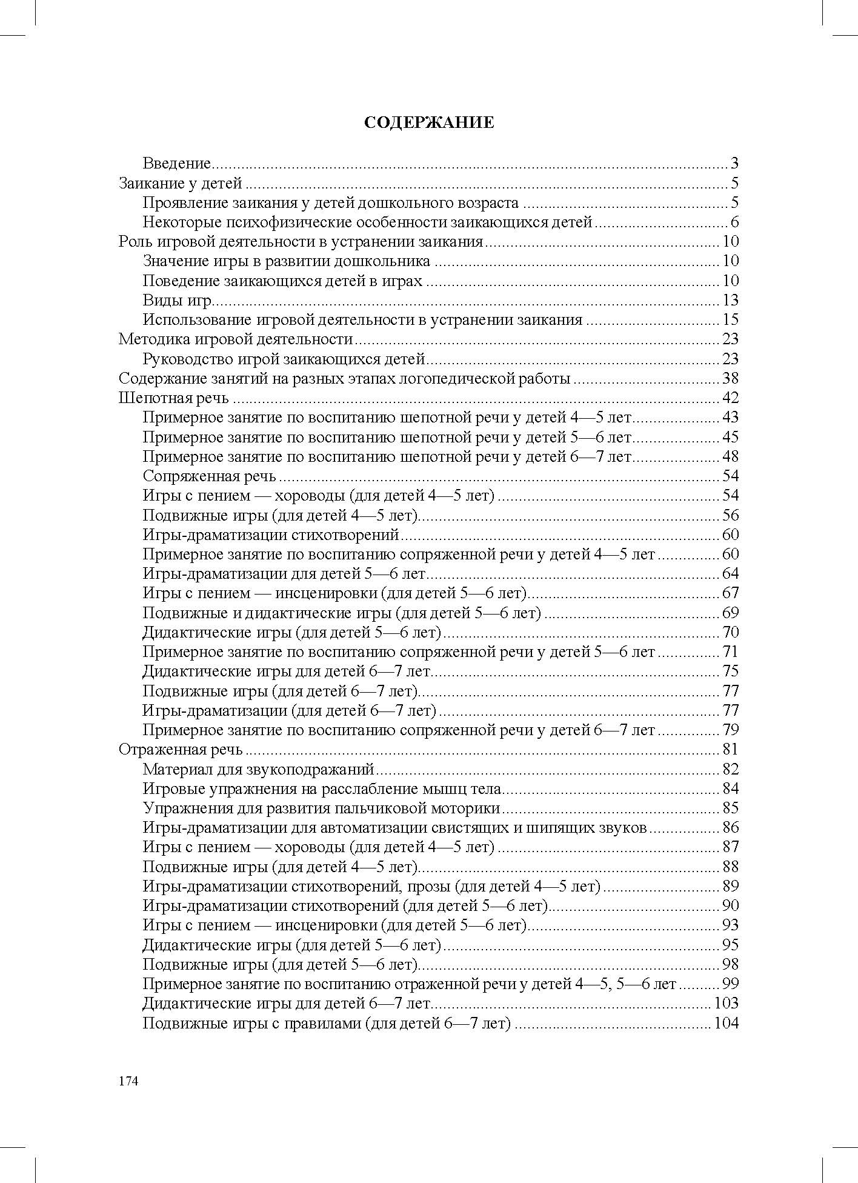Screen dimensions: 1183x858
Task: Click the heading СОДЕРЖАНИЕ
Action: [x=429, y=122]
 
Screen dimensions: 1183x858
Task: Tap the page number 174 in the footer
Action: [x=128, y=1081]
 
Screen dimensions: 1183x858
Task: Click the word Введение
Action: [x=176, y=164]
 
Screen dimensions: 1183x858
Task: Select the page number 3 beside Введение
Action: [x=734, y=164]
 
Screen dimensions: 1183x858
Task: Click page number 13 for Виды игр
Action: [x=730, y=301]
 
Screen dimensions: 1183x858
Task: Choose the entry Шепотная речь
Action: [x=174, y=398]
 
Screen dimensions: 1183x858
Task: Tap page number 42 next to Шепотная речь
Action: [x=730, y=398]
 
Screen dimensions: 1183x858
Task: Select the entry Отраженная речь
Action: [x=181, y=750]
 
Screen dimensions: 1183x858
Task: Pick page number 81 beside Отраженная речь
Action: [x=730, y=750]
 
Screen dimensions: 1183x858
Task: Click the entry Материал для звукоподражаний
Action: [x=259, y=770]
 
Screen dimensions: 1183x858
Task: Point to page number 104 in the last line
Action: [x=727, y=1024]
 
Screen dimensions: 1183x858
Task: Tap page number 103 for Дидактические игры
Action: [x=727, y=1004]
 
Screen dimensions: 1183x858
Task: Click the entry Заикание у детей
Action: [x=181, y=183]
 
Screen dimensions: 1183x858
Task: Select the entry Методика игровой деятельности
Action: [x=236, y=339]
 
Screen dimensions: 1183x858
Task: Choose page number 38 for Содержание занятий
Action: [x=730, y=379]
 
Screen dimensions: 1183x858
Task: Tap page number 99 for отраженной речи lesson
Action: [x=730, y=984]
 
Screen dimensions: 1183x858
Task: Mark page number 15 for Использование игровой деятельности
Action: [x=730, y=320]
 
